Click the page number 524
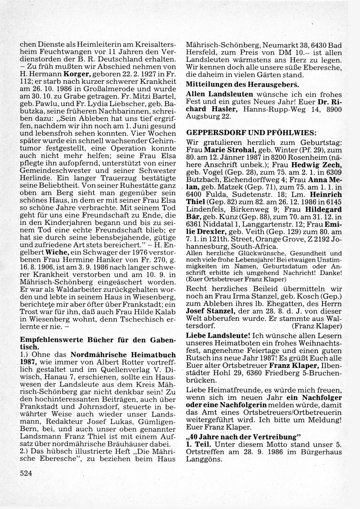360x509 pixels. (x=26, y=474)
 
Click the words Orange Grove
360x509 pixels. (x=281, y=239)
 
